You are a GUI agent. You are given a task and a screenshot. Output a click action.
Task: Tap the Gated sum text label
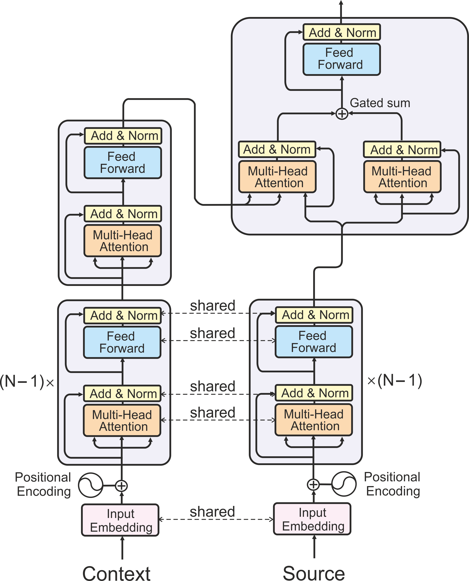tap(380, 103)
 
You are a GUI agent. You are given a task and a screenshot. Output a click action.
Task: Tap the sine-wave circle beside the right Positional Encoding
tap(344, 484)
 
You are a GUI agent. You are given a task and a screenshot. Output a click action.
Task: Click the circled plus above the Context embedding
tap(122, 486)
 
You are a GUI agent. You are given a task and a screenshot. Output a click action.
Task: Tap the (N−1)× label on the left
tap(27, 382)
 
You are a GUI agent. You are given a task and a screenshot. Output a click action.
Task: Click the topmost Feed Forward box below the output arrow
tap(342, 59)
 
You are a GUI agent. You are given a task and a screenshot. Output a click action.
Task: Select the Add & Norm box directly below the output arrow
tap(342, 32)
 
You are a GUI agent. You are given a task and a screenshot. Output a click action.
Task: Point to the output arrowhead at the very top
tap(341, 3)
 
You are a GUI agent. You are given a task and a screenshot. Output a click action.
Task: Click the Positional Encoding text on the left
tap(43, 484)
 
